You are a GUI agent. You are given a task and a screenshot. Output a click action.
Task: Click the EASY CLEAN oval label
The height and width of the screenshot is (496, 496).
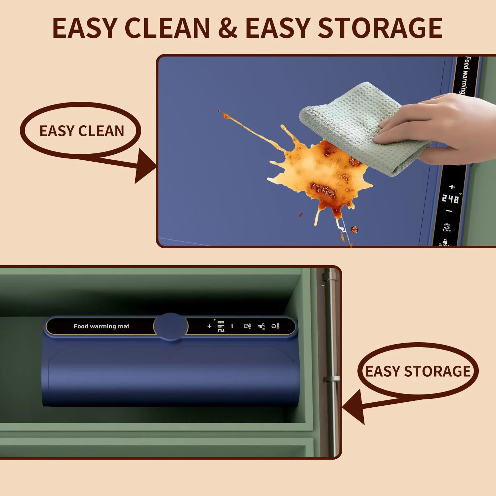tap(81, 131)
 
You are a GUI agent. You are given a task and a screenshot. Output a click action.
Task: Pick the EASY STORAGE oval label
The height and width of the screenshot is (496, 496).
tap(418, 371)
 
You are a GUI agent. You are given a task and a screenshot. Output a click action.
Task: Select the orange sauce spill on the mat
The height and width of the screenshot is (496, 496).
tap(317, 172)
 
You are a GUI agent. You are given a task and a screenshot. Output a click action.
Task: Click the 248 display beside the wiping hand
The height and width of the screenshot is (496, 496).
tap(450, 199)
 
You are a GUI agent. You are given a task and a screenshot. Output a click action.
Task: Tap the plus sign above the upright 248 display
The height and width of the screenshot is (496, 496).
tap(452, 187)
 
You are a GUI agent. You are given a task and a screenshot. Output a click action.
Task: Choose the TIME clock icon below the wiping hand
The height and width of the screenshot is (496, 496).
tap(447, 227)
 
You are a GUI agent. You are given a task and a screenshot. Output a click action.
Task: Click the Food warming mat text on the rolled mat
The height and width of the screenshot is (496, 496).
tap(102, 326)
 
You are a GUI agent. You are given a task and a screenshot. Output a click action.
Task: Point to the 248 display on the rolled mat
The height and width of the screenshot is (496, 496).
tap(221, 326)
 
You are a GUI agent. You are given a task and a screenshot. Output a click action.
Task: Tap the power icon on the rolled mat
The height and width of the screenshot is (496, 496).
tap(274, 326)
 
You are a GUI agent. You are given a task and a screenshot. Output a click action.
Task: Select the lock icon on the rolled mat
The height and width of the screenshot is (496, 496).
tap(260, 326)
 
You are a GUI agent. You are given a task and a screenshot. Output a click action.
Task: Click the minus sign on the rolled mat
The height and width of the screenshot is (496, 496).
tap(232, 326)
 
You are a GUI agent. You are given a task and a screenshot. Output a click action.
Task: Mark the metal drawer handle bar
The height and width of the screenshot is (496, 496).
tap(331, 364)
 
